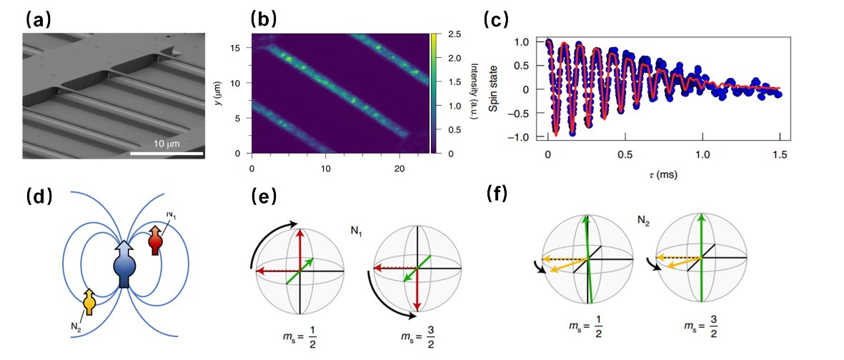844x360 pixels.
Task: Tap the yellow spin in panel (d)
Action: (x=89, y=301)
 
